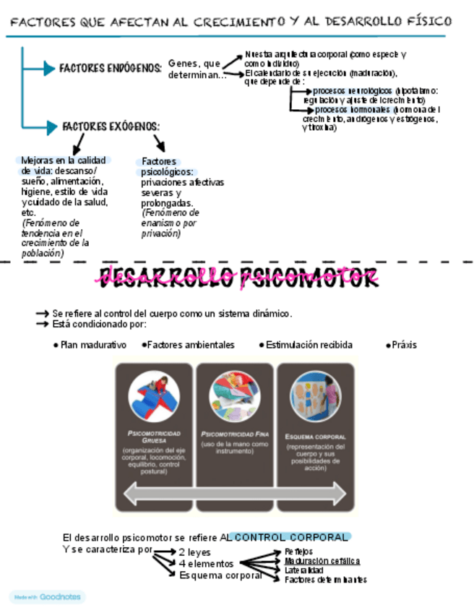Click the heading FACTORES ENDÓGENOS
tap(110, 68)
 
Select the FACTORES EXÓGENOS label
tap(111, 127)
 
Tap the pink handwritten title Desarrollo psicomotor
tap(239, 276)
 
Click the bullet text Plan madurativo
tap(93, 346)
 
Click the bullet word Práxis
tap(404, 346)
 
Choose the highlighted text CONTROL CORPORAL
tap(290, 538)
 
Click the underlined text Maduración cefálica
tap(322, 561)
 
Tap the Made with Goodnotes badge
tap(47, 597)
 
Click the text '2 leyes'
tap(195, 553)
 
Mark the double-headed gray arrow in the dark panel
tap(235, 494)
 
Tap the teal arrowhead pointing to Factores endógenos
tap(49, 69)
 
